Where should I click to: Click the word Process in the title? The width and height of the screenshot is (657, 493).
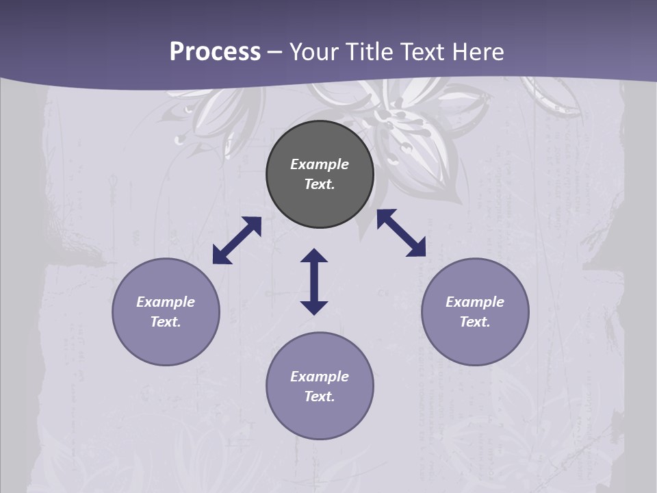click(215, 52)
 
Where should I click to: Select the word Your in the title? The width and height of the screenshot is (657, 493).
click(315, 52)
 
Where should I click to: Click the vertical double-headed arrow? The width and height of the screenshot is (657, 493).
click(314, 281)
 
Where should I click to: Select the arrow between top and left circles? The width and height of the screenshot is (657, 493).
click(237, 240)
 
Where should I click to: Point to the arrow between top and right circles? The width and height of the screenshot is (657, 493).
click(401, 233)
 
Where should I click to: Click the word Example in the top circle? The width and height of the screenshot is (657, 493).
click(320, 164)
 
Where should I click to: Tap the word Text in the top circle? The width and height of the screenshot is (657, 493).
click(320, 184)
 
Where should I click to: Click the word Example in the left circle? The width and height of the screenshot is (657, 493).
click(166, 302)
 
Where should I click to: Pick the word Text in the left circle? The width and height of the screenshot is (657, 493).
click(166, 322)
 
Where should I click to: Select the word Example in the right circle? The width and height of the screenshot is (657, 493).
click(475, 302)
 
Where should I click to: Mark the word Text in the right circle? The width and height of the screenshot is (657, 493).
click(475, 322)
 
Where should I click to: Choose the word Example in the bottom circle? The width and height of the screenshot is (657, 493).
click(320, 377)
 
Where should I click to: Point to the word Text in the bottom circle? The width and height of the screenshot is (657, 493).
click(320, 396)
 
